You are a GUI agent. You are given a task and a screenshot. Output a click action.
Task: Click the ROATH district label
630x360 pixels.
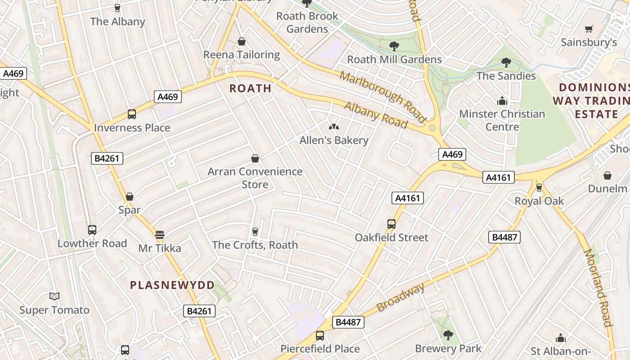click(x=251, y=88)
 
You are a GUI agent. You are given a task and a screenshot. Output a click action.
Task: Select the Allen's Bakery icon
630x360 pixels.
click(x=334, y=127)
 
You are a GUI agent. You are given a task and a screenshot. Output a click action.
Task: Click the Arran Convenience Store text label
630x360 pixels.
click(x=255, y=178)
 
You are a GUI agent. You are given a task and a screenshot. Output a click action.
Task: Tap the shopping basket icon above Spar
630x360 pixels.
click(x=130, y=197)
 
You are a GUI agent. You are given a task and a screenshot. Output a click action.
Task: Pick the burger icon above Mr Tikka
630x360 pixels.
click(x=160, y=234)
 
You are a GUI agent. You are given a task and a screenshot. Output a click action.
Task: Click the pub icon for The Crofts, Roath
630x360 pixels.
click(x=255, y=231)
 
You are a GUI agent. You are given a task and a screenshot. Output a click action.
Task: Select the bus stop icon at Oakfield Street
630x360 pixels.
click(x=391, y=224)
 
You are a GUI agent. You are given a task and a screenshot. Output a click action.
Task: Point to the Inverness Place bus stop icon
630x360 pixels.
click(x=132, y=114)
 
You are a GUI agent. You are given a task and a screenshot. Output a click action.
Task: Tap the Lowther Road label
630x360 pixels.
click(x=92, y=243)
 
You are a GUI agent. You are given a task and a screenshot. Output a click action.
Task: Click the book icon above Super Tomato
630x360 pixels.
click(x=54, y=296)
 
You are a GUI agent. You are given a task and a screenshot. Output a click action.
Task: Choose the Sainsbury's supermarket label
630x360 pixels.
click(x=589, y=42)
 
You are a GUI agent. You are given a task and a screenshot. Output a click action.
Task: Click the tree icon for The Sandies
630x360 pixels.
click(x=506, y=63)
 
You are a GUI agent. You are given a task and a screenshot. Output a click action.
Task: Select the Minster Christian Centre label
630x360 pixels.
click(x=502, y=120)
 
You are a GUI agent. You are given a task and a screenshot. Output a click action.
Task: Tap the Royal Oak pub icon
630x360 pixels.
click(x=539, y=188)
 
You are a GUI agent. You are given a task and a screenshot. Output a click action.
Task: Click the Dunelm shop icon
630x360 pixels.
click(x=607, y=175)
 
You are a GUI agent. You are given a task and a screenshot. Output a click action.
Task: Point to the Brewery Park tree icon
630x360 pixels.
click(x=448, y=335)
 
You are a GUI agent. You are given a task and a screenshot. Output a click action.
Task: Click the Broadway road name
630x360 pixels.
click(x=400, y=298)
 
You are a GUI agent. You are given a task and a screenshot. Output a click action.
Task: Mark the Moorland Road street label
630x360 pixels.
click(x=598, y=288)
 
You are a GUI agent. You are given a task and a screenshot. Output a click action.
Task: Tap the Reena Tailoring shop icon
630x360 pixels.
click(x=242, y=42)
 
